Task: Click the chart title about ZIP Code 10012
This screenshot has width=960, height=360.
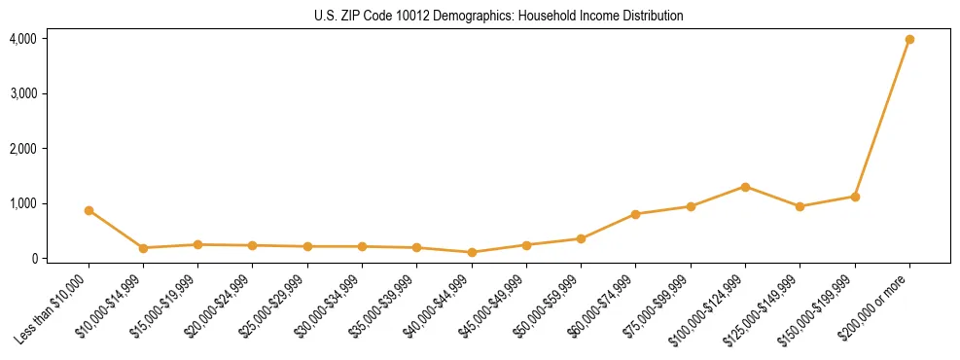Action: pos(499,16)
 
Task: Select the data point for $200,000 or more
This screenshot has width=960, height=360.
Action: pos(909,40)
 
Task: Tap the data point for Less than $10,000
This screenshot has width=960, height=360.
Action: pos(89,210)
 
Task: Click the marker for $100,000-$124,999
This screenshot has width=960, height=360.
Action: pos(745,187)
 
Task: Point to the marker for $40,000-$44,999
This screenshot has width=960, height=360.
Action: pos(472,252)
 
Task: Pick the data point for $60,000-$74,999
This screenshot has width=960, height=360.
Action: pos(635,214)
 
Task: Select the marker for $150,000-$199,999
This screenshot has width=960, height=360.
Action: pos(855,197)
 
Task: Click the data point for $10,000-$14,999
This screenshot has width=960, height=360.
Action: pos(143,248)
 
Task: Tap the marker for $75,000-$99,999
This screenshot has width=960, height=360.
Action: pos(691,206)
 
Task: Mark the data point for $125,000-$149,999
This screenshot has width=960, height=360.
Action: pos(800,206)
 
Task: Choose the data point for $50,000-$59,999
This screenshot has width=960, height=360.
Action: pos(581,238)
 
